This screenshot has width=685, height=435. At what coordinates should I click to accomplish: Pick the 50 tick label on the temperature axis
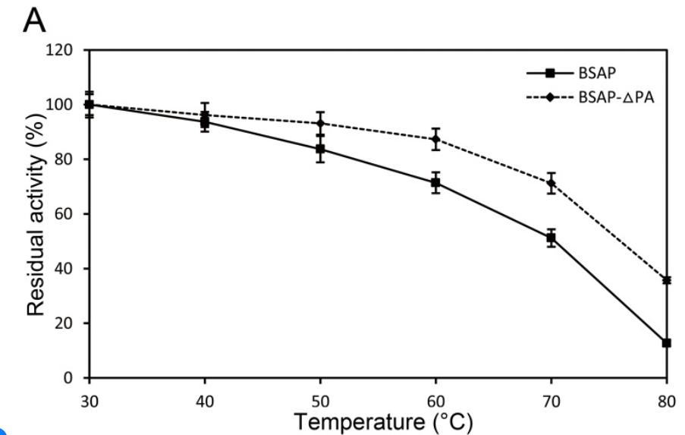pyautogui.click(x=321, y=395)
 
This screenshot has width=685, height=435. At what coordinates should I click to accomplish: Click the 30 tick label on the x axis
pyautogui.click(x=90, y=395)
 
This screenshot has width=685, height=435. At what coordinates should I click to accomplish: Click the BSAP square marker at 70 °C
pyautogui.click(x=551, y=238)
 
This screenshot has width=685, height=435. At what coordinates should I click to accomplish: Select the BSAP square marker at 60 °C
pyautogui.click(x=436, y=183)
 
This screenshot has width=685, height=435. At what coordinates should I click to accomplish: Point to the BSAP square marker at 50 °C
pyautogui.click(x=321, y=149)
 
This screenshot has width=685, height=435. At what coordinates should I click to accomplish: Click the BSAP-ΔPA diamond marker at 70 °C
pyautogui.click(x=551, y=183)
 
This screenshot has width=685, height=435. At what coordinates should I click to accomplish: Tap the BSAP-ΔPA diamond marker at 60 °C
pyautogui.click(x=436, y=139)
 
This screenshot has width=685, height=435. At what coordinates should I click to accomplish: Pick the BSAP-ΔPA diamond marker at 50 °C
pyautogui.click(x=321, y=123)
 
